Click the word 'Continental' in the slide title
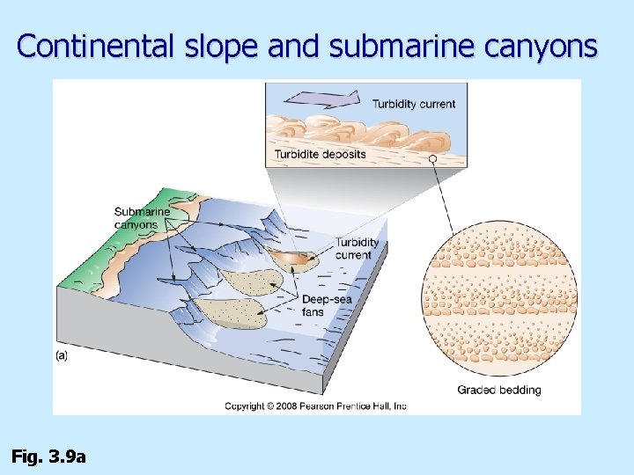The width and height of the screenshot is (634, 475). pos(97,46)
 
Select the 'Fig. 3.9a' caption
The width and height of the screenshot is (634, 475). pos(48,456)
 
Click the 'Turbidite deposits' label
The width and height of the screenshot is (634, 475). pos(320,155)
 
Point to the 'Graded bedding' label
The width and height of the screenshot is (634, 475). pos(499,390)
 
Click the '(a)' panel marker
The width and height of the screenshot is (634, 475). pos(62,356)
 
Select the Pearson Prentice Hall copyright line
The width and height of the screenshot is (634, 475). pos(315,406)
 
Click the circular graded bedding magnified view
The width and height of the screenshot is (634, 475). pos(499,303)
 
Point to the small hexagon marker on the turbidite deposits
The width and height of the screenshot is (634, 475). pos(432,158)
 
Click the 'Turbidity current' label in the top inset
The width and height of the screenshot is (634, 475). pos(414,104)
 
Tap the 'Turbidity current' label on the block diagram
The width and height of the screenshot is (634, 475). pos(357,249)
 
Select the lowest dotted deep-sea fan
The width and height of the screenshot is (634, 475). pos(227,311)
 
